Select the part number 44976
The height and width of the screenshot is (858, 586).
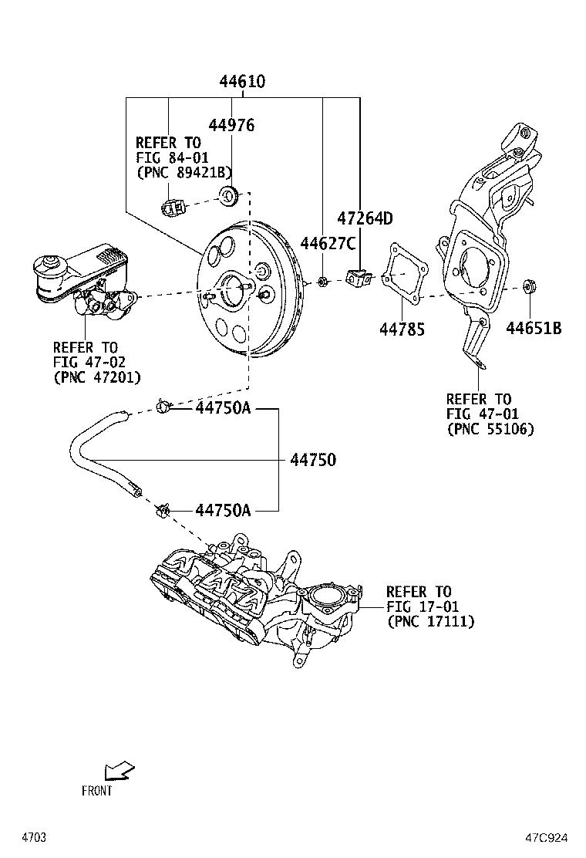pos(232,125)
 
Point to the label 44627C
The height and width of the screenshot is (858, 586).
pos(328,245)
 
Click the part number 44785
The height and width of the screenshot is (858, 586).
pos(402,329)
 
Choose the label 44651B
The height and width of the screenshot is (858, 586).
pos(534,329)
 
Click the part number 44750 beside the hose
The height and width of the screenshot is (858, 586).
pos(313,460)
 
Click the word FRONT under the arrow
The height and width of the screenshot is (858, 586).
pos(97,791)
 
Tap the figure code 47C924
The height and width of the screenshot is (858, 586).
pos(548,837)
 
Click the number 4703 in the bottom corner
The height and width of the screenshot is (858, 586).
pos(35,837)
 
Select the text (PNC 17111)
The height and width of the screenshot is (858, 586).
pos(430,621)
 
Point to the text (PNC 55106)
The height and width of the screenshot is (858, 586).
pos(490,429)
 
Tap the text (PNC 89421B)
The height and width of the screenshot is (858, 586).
pos(184,172)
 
